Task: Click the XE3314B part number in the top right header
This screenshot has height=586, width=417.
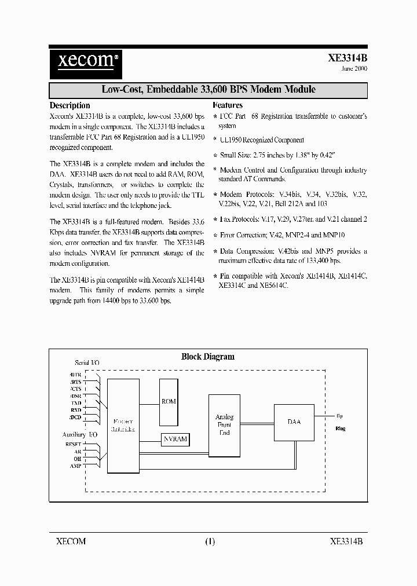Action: pos(348,58)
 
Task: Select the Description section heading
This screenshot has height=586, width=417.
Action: pos(69,105)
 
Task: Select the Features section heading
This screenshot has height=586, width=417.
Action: pos(228,105)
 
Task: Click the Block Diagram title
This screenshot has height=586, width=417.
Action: pos(208,357)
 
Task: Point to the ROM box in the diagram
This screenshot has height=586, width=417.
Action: pos(169,401)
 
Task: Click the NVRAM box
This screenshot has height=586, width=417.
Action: pos(175,439)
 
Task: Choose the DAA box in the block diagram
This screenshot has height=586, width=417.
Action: pos(294,422)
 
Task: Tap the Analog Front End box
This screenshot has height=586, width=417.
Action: pos(224,424)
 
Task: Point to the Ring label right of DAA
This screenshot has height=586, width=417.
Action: pos(340,429)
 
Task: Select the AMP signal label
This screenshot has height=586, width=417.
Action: pos(76,466)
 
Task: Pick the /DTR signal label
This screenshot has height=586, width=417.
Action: pos(75,373)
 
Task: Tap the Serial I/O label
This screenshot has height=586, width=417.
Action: pos(87,362)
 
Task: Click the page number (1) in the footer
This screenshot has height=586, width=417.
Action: pos(210,542)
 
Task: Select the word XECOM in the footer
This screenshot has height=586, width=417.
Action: pos(71,542)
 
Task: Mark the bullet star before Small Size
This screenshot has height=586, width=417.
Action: pos(215,155)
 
